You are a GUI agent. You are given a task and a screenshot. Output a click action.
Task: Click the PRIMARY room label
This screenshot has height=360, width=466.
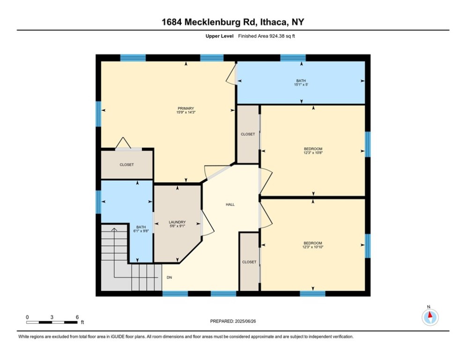tap(182, 108)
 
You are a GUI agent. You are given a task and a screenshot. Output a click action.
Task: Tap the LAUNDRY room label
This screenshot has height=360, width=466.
tap(178, 222)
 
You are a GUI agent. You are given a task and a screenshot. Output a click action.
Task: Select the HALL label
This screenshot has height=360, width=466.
tap(230, 204)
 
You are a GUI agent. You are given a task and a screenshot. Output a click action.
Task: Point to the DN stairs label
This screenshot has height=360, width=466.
tap(169, 277)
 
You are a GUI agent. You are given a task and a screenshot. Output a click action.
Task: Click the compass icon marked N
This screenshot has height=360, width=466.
tap(429, 317)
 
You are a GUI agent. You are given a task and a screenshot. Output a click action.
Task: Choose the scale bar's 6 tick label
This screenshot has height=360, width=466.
tap(77, 317)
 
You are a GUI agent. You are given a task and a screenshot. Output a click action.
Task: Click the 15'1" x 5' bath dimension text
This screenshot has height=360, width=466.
tap(300, 85)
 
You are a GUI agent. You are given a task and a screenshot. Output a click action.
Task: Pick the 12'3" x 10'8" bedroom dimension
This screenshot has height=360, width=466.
tap(313, 153)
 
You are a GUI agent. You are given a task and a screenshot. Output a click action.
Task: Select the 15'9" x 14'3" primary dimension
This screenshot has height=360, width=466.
tap(182, 112)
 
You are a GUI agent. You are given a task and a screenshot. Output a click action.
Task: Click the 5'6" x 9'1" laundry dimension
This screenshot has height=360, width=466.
tap(178, 226)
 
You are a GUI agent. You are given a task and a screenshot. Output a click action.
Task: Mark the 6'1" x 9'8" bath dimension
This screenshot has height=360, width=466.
tap(141, 231)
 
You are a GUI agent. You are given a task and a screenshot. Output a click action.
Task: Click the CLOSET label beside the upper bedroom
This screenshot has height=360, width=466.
tap(248, 134)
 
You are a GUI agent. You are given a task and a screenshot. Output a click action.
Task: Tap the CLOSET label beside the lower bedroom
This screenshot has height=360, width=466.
tap(249, 262)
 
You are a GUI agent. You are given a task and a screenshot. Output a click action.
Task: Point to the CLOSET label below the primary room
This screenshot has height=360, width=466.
tap(126, 165)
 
